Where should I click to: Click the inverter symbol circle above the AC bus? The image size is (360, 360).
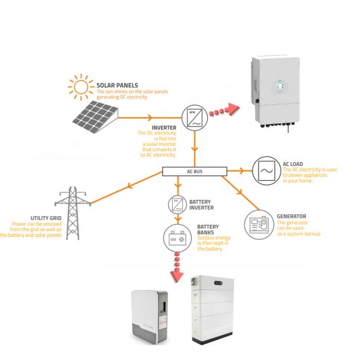pyautogui.click(x=195, y=115)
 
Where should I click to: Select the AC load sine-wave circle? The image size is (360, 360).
pyautogui.click(x=265, y=170)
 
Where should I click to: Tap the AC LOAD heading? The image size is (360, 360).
pyautogui.click(x=295, y=163)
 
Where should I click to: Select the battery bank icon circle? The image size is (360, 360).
pyautogui.click(x=176, y=238)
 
